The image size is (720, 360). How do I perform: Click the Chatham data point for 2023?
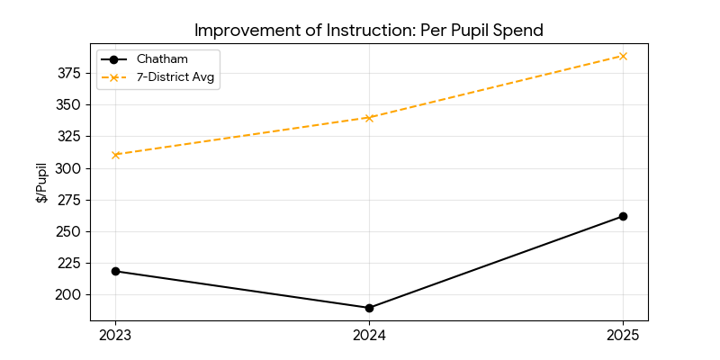point(115,271)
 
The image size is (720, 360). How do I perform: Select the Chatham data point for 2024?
point(369,308)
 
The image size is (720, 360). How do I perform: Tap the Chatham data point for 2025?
point(623,216)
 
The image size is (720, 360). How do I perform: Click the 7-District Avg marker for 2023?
point(115,155)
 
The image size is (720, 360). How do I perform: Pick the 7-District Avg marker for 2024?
point(369,118)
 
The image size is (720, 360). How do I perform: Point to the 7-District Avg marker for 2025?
point(623,56)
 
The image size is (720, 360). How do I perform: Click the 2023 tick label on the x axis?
point(115,336)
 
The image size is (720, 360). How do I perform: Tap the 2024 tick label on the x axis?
point(369,336)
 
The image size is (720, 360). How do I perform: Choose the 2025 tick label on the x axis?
point(623,336)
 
